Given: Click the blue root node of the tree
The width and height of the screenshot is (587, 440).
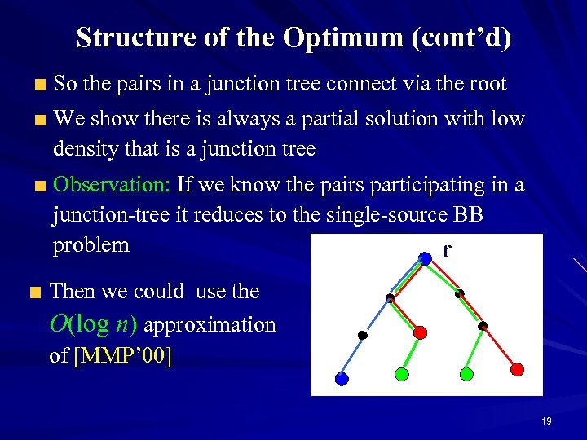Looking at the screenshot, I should point(424,258).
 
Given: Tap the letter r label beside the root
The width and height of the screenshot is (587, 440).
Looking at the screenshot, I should point(446,249).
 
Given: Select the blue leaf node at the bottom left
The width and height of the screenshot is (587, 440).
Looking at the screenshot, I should point(342,378).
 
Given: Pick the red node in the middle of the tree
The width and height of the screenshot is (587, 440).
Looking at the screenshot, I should point(420,332).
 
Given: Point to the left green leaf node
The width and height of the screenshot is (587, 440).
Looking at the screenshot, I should point(401,374).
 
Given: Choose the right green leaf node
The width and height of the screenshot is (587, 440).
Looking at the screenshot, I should point(466,374).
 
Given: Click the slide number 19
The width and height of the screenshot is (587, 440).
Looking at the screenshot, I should point(546,421).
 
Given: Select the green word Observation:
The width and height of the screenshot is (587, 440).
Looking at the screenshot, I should point(111,185).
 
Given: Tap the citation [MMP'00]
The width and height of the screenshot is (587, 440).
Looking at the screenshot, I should point(122,356).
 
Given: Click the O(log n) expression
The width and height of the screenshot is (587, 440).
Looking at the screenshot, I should point(94,324).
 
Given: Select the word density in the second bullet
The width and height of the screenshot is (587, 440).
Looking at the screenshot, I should point(83,149).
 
